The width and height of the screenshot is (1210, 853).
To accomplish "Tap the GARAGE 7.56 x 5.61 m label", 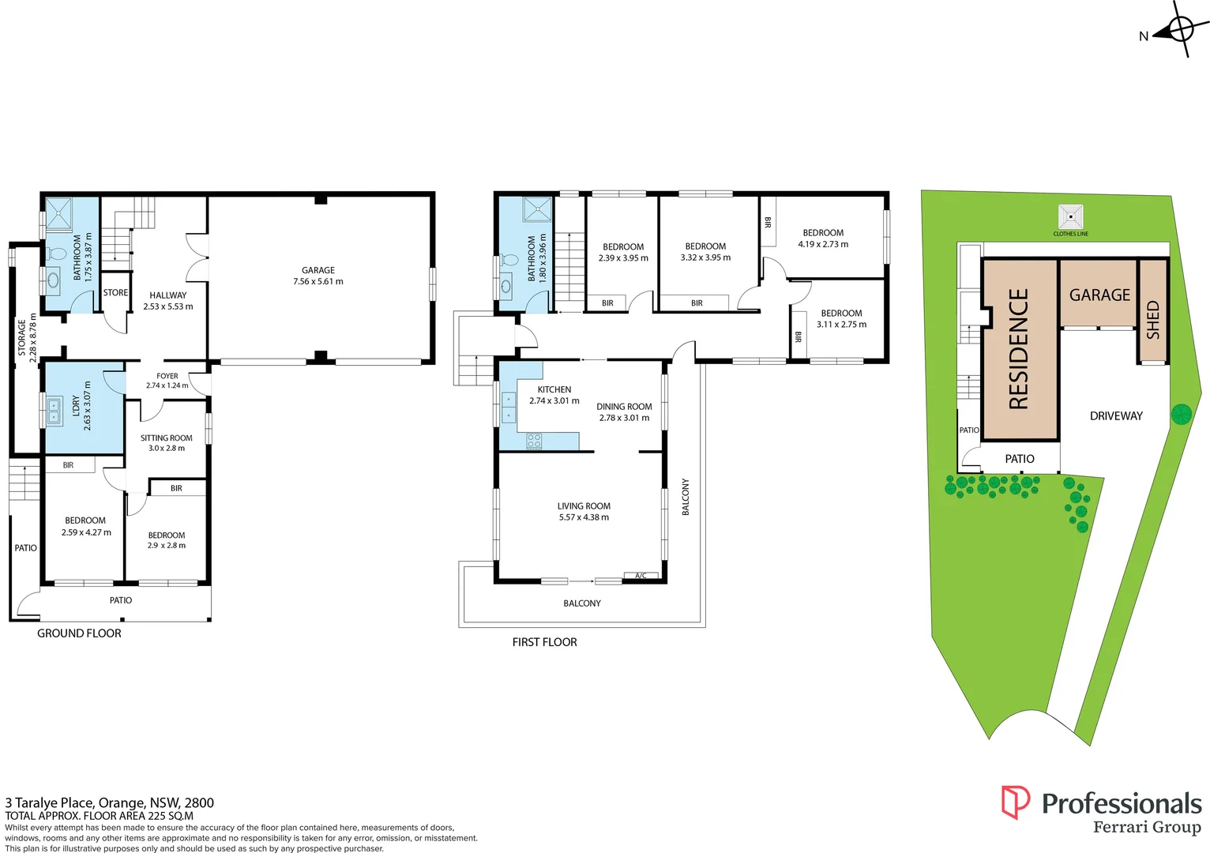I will [318, 276].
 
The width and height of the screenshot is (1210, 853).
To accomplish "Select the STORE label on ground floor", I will [115, 293].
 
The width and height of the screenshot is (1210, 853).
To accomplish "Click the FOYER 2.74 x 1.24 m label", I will [167, 381].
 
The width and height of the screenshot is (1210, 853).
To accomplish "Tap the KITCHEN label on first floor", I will [554, 395].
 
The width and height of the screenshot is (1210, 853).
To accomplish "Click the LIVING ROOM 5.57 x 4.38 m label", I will [584, 512].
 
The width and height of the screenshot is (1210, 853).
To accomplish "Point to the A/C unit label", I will [641, 576].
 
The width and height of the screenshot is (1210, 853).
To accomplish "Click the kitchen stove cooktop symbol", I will [535, 442].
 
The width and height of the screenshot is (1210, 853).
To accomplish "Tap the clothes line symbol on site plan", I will [1070, 216].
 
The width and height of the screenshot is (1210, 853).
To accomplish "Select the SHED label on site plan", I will [1153, 320].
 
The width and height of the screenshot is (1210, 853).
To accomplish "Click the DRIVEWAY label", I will [1116, 416].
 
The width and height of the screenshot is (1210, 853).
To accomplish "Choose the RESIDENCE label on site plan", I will [1019, 349].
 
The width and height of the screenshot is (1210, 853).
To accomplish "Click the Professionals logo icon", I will [1015, 802].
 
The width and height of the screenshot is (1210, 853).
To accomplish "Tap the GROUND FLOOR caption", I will [79, 633].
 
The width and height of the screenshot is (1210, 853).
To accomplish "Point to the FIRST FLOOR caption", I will [544, 642].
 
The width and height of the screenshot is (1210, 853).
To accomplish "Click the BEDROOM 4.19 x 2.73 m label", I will [823, 239].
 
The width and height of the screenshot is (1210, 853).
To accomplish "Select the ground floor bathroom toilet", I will [56, 254].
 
